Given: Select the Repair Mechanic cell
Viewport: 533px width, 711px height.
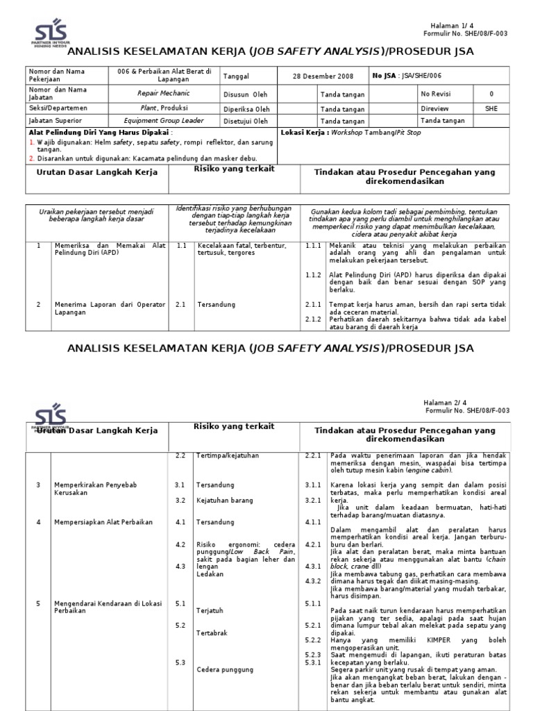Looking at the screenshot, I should (x=163, y=92).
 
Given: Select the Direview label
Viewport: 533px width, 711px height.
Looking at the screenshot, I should (x=434, y=108).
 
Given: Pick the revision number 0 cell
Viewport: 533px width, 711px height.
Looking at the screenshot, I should (x=491, y=93).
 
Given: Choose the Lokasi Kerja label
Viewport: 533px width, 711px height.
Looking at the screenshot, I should (x=304, y=132).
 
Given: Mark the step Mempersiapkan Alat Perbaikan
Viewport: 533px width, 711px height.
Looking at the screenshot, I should (x=103, y=521).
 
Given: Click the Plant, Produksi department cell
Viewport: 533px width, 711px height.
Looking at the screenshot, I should (x=163, y=108).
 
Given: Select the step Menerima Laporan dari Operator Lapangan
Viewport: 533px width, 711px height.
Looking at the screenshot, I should (x=110, y=308).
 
